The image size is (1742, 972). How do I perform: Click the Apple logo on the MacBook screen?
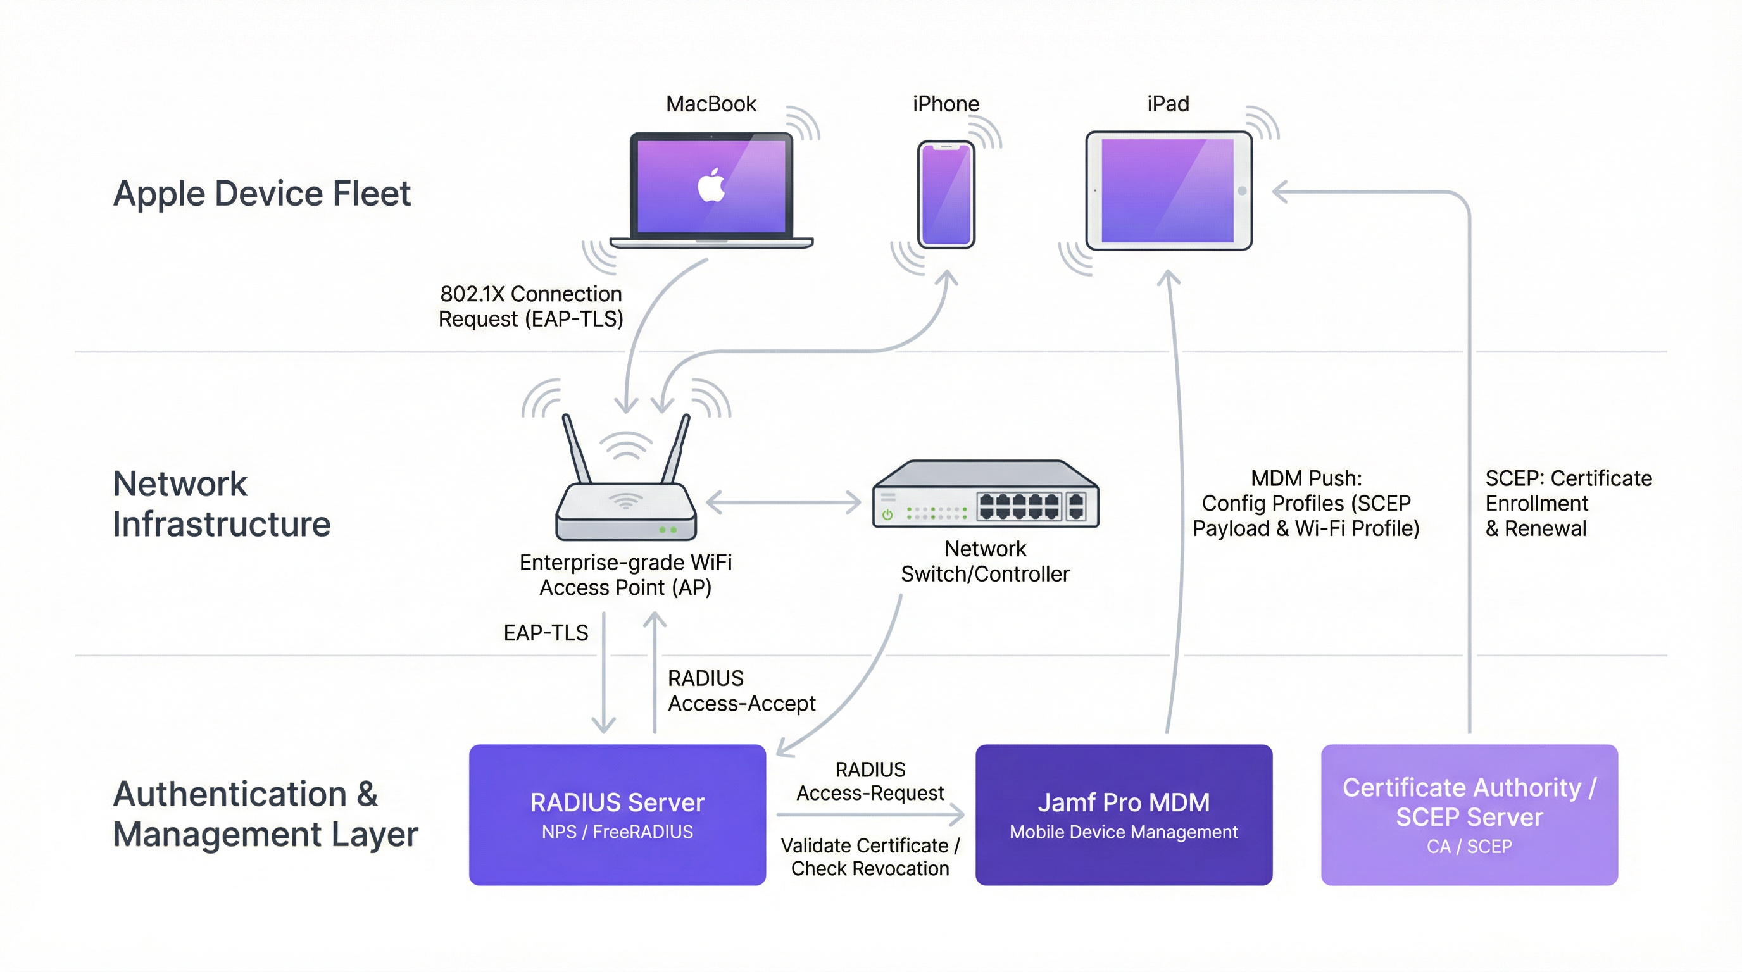[x=711, y=186]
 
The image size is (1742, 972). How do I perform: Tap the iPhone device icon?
[x=946, y=195]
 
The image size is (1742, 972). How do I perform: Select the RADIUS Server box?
[x=617, y=814]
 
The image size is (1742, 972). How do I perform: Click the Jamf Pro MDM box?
[x=1123, y=814]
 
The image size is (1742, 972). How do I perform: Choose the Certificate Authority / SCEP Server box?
[x=1469, y=814]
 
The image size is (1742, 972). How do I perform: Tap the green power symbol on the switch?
[x=887, y=515]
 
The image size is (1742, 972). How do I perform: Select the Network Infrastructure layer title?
[x=221, y=504]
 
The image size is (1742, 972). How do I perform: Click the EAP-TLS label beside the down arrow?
[x=546, y=633]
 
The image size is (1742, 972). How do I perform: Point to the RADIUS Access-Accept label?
[x=741, y=691]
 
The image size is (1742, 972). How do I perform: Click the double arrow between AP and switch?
[x=783, y=502]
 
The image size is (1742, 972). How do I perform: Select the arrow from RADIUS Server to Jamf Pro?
[x=870, y=814]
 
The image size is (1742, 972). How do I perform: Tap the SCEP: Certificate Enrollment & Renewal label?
[x=1567, y=504]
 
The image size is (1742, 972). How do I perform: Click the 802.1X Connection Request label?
[x=531, y=306]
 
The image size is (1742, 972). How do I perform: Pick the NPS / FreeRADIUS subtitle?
[x=617, y=832]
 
